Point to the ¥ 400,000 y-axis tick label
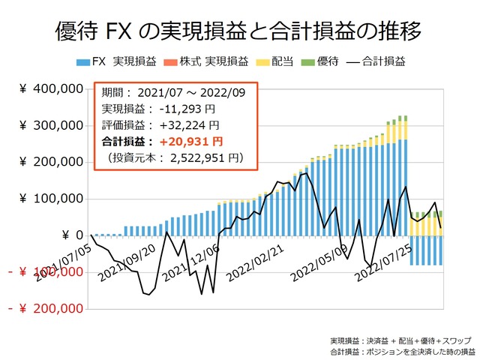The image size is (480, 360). [50, 89]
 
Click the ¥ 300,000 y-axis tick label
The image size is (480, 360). [50, 126]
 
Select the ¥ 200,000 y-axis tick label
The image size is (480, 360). [50, 162]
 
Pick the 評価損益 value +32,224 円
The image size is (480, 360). [190, 125]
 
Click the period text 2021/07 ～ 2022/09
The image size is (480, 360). [196, 94]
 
